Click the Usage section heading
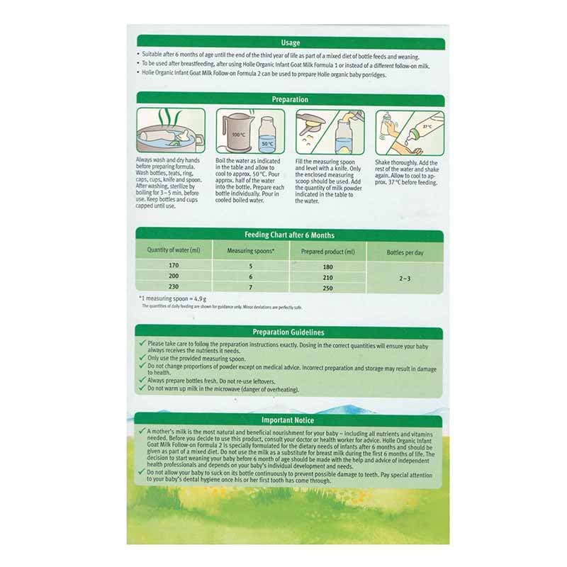click(290, 43)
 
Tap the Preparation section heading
click(290, 100)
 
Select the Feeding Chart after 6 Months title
click(289, 235)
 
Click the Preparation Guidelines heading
click(289, 332)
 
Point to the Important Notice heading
click(289, 420)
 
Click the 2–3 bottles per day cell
click(405, 279)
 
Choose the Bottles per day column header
click(405, 252)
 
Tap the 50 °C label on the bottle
click(266, 143)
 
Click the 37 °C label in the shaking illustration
click(426, 126)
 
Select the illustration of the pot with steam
click(170, 131)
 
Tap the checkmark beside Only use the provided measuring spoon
click(142, 359)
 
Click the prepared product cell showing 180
click(327, 266)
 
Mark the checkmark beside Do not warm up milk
click(142, 389)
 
